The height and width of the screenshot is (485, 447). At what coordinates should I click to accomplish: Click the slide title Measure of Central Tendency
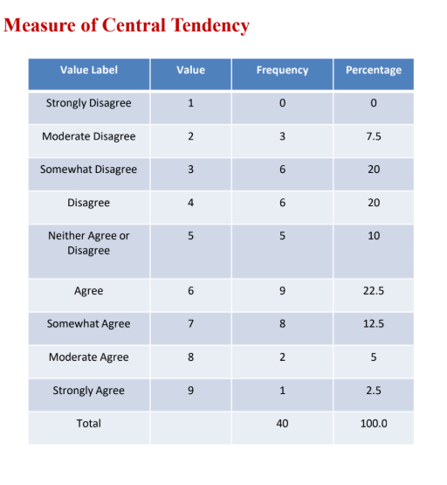tap(127, 24)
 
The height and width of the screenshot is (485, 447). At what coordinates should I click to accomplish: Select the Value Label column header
tap(88, 70)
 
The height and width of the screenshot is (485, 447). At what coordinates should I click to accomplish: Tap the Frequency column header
tap(282, 70)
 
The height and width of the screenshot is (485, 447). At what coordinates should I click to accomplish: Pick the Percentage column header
tap(374, 70)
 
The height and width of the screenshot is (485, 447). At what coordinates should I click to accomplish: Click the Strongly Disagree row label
tap(88, 103)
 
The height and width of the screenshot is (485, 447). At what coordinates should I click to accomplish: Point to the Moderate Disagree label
tap(88, 136)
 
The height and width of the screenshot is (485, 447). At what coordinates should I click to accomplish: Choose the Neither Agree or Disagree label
tap(88, 243)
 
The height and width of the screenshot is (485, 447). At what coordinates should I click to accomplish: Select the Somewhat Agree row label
tap(88, 323)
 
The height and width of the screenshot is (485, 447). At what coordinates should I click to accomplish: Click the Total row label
tap(88, 423)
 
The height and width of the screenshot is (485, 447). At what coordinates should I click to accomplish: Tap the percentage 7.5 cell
tap(374, 136)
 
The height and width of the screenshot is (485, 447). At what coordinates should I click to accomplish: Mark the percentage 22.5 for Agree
tap(374, 291)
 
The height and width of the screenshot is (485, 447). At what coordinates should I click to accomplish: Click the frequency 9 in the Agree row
tap(282, 291)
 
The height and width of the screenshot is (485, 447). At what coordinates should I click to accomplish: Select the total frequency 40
tap(282, 423)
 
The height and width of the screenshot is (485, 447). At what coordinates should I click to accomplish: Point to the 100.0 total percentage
tap(374, 423)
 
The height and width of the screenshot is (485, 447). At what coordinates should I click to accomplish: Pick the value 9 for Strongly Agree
tap(190, 391)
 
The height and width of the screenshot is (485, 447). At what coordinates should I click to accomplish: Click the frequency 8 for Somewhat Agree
tap(282, 323)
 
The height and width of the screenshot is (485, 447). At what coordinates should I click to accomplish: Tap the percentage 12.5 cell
tap(374, 323)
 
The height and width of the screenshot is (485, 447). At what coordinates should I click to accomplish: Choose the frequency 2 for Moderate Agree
tap(282, 357)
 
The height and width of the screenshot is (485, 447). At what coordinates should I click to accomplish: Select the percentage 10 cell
tap(374, 236)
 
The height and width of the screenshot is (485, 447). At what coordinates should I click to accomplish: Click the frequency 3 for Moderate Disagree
tap(282, 136)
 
